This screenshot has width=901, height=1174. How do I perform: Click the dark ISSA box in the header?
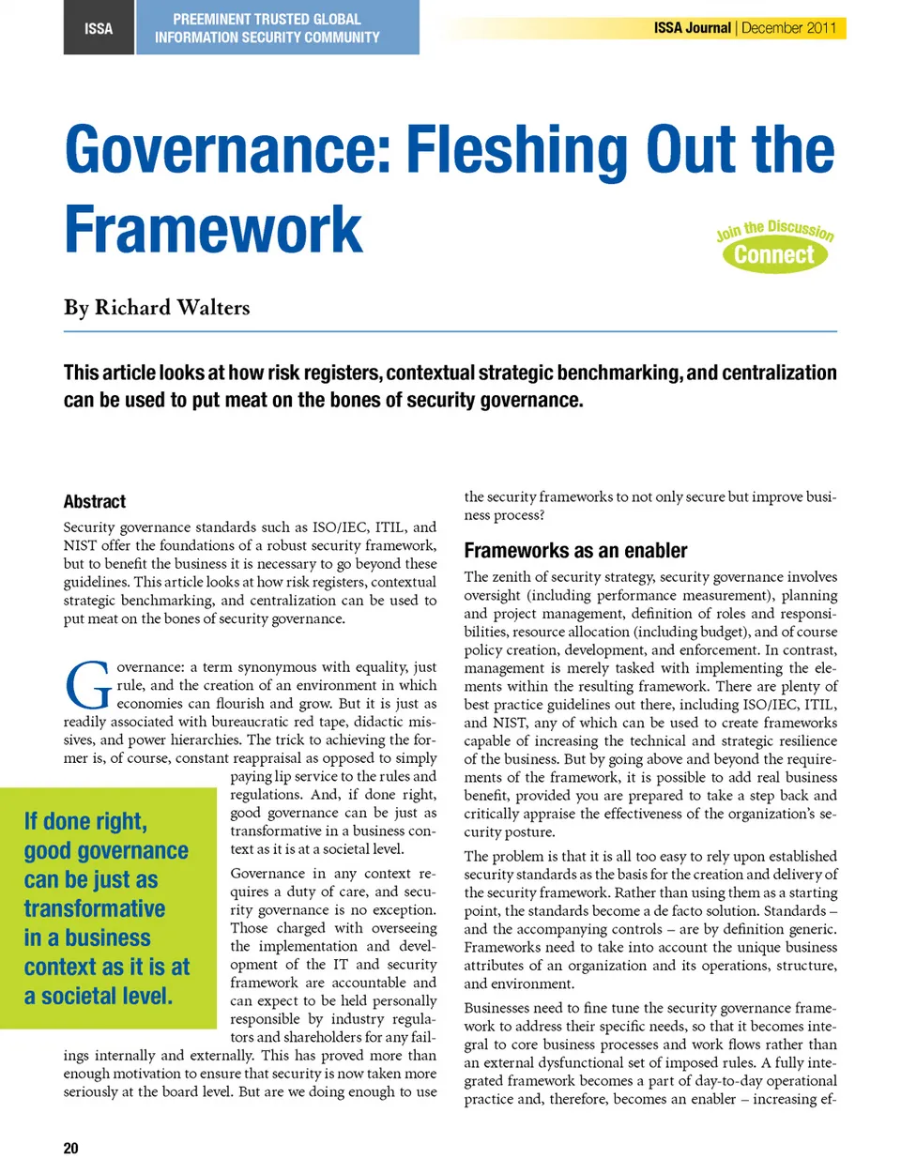point(99,28)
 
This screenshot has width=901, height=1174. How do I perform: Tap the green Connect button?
point(774,255)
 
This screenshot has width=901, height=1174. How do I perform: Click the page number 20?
point(71,1148)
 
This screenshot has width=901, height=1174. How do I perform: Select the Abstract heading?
point(95,501)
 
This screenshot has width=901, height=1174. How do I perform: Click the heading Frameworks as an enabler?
point(575,551)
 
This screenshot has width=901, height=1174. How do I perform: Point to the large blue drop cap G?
point(88,687)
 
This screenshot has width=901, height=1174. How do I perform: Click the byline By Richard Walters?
point(157,308)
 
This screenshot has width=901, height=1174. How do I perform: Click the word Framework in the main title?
point(213,230)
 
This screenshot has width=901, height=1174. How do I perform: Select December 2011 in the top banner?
point(788,28)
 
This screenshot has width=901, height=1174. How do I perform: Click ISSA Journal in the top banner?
point(692,28)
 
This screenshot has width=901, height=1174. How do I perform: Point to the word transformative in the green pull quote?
point(95,908)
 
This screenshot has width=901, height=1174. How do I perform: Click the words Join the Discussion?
point(774,229)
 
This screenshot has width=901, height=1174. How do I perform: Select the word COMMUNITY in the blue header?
point(334,38)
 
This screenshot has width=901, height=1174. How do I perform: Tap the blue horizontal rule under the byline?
point(450,331)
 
